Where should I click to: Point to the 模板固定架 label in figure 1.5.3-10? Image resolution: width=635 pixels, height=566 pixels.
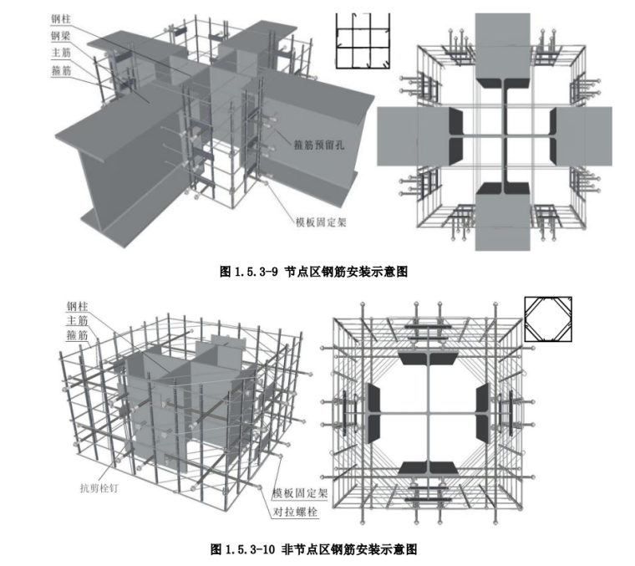(300, 493)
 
